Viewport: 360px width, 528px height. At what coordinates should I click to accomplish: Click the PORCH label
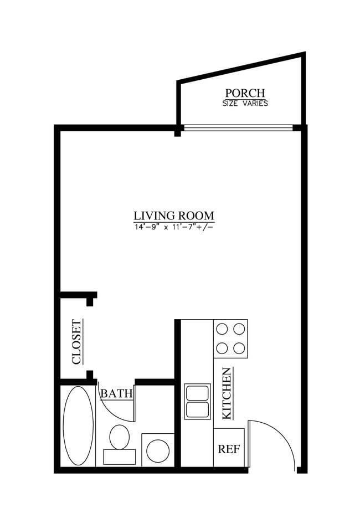[x=245, y=93]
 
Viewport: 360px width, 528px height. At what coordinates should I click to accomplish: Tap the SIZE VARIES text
[x=245, y=103]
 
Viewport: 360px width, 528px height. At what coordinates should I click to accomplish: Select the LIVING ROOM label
[x=174, y=216]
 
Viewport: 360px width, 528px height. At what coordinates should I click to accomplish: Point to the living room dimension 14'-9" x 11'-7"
[x=174, y=227]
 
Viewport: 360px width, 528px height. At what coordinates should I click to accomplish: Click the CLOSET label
[x=76, y=342]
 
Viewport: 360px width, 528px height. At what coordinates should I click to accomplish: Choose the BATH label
[x=116, y=394]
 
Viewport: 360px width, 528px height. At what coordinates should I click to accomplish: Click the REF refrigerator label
[x=229, y=449]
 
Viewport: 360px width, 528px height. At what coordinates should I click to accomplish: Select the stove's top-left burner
[x=222, y=329]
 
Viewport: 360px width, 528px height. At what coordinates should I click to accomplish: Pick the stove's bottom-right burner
[x=239, y=348]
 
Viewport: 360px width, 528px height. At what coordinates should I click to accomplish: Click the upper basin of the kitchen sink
[x=197, y=392]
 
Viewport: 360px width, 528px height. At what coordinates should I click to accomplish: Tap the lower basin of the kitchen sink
[x=197, y=410]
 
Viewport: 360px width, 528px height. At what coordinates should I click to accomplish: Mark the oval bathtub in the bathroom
[x=78, y=426]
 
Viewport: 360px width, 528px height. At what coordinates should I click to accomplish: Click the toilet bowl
[x=119, y=437]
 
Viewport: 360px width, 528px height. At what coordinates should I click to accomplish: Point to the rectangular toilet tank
[x=119, y=457]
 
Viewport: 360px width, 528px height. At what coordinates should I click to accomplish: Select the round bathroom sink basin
[x=158, y=450]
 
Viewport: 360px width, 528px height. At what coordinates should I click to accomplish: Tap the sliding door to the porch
[x=238, y=128]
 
